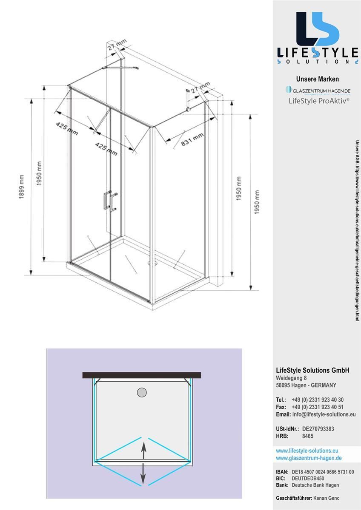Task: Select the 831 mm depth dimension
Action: pyautogui.click(x=192, y=140)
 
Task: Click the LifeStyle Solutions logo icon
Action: pyautogui.click(x=317, y=29)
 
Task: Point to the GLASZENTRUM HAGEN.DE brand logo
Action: pyautogui.click(x=318, y=91)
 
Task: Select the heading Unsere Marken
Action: pyautogui.click(x=318, y=79)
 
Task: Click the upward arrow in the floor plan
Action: pyautogui.click(x=143, y=450)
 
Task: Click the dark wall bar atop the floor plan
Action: pyautogui.click(x=141, y=375)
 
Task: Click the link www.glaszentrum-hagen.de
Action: pyautogui.click(x=309, y=458)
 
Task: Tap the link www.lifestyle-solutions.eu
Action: pyautogui.click(x=307, y=450)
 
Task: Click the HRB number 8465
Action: pyautogui.click(x=308, y=436)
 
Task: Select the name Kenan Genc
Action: pyautogui.click(x=327, y=498)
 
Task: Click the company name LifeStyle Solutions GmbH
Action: pyautogui.click(x=312, y=371)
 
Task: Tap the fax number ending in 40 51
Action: pyautogui.click(x=318, y=407)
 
